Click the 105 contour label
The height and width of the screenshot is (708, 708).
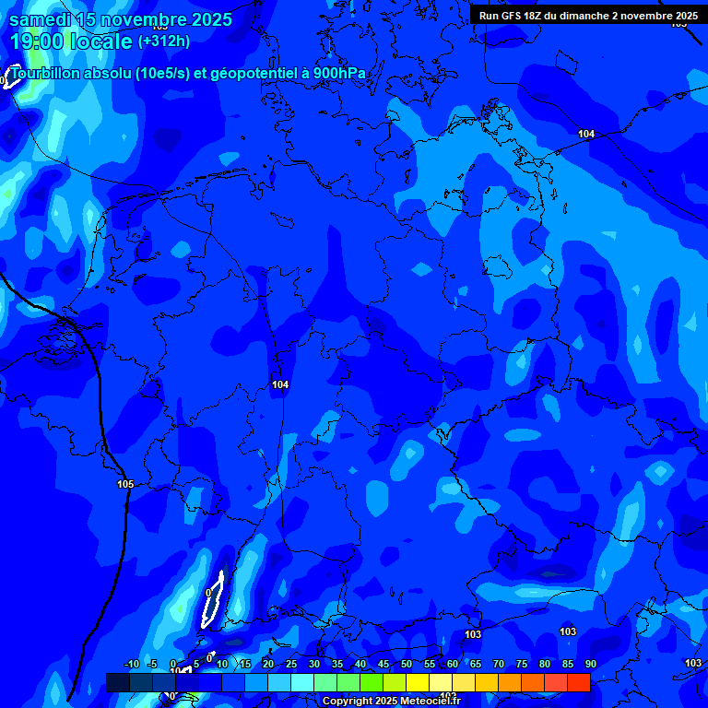[125, 484]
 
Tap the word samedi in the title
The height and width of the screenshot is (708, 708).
[42, 19]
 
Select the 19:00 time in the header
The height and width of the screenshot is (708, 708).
[37, 41]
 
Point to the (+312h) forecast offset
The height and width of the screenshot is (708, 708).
[164, 41]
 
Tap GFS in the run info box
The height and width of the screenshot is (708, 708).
[510, 16]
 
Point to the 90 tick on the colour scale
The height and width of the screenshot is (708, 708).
[590, 665]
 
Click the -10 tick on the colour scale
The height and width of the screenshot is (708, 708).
[131, 665]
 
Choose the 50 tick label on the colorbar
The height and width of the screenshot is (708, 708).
[406, 665]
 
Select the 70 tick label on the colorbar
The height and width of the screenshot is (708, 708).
[498, 665]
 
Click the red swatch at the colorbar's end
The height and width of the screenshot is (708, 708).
[578, 682]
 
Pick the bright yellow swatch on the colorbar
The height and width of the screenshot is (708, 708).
[417, 682]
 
